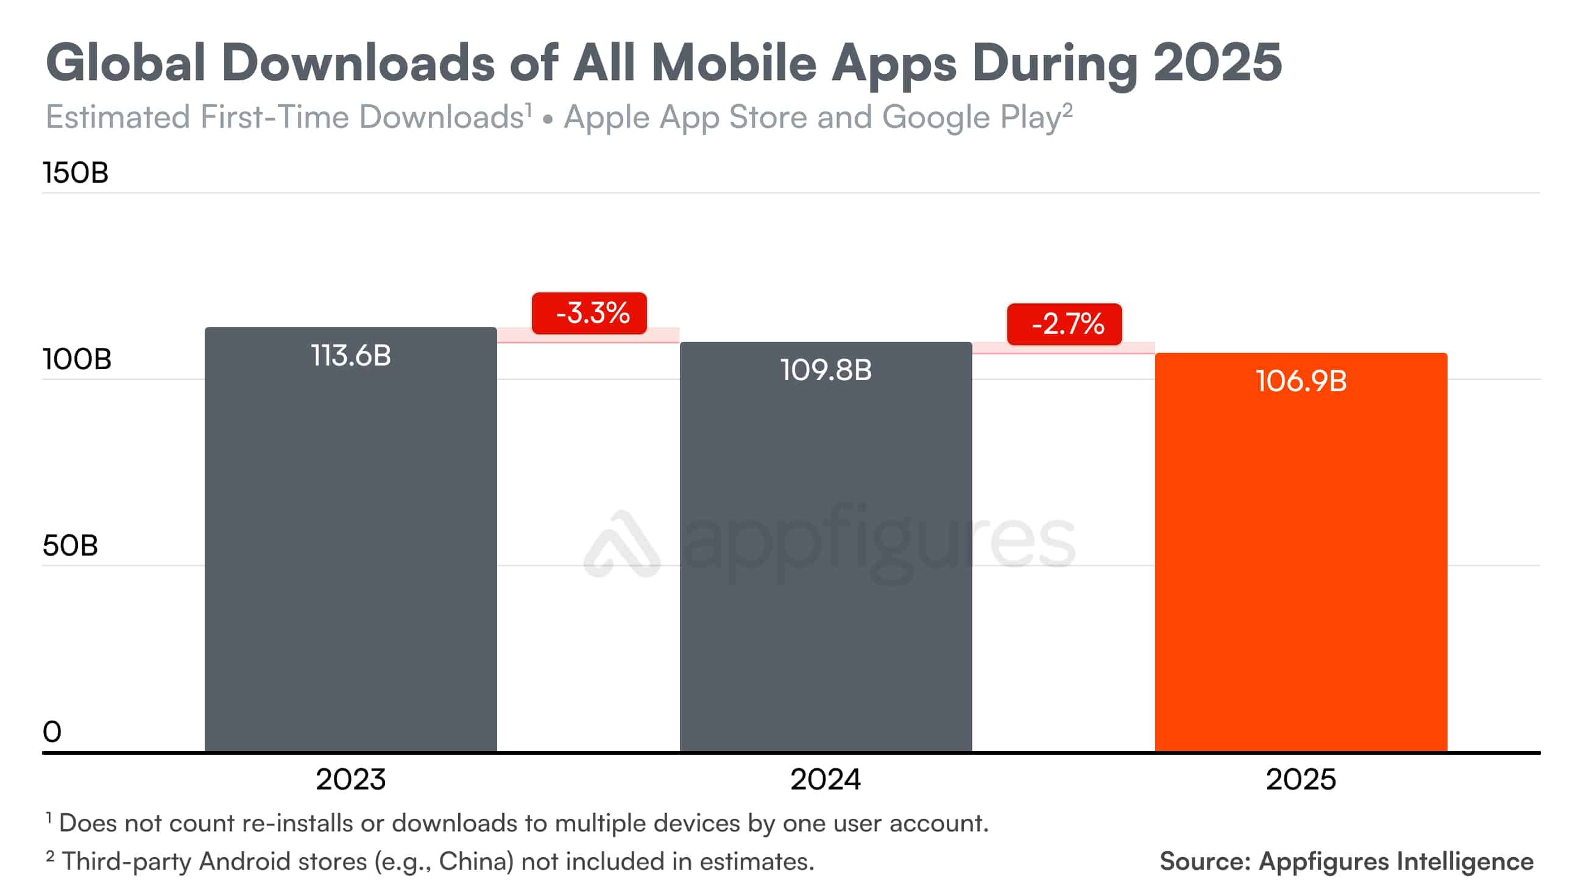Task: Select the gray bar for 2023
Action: tap(350, 553)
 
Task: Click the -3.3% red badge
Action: tap(589, 313)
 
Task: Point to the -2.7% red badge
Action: tap(1064, 324)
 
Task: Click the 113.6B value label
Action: tap(350, 355)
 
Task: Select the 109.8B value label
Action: tap(826, 370)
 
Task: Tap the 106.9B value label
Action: tap(1301, 381)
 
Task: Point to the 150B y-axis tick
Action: tap(75, 172)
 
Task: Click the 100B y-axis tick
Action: tap(77, 359)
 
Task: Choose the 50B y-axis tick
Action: tap(70, 546)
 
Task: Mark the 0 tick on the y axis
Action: tap(52, 732)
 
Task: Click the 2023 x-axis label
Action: tap(350, 780)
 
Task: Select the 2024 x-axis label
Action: tap(826, 780)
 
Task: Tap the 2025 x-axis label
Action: tap(1301, 780)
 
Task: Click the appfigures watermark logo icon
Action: tap(621, 545)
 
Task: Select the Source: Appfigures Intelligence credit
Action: tap(1346, 861)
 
